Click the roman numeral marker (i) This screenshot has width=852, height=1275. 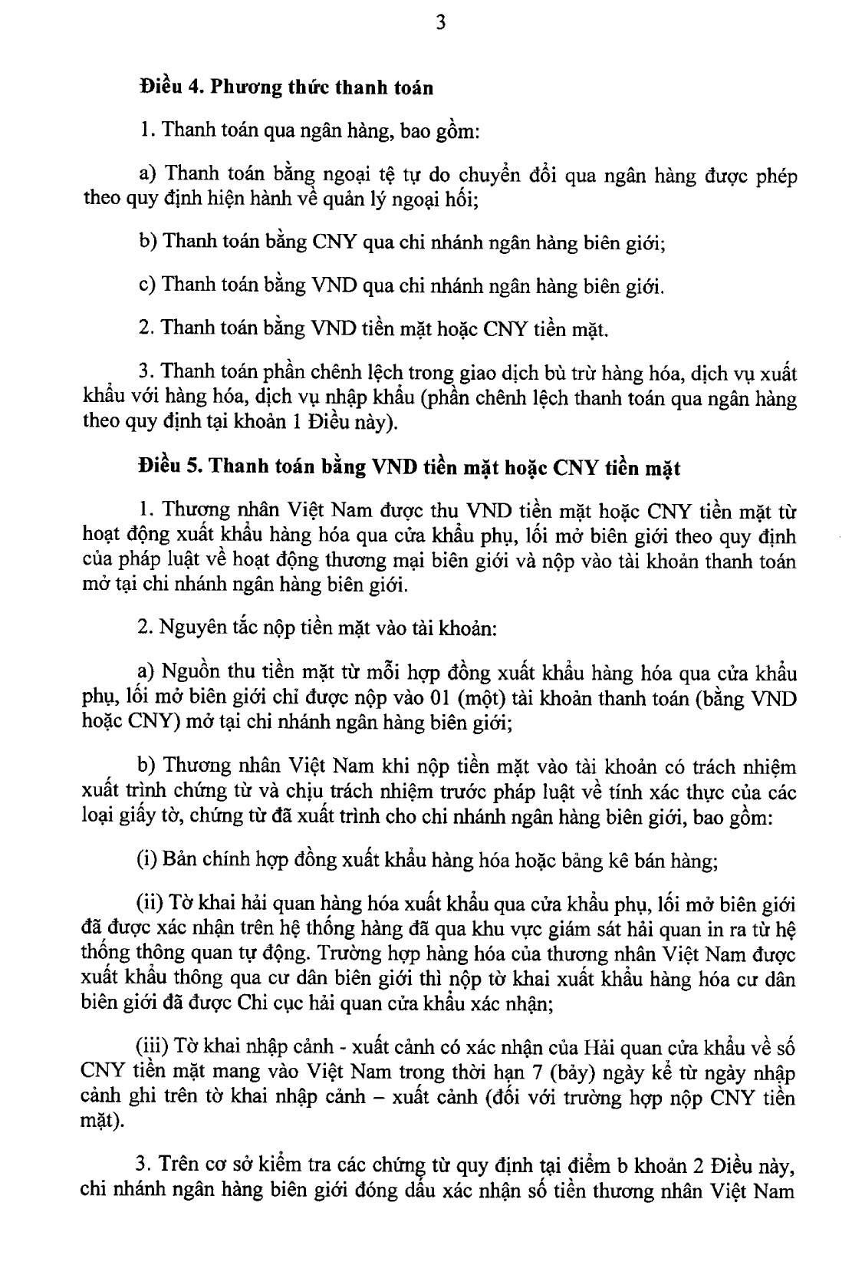point(146,859)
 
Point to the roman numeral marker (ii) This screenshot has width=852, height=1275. point(150,904)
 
